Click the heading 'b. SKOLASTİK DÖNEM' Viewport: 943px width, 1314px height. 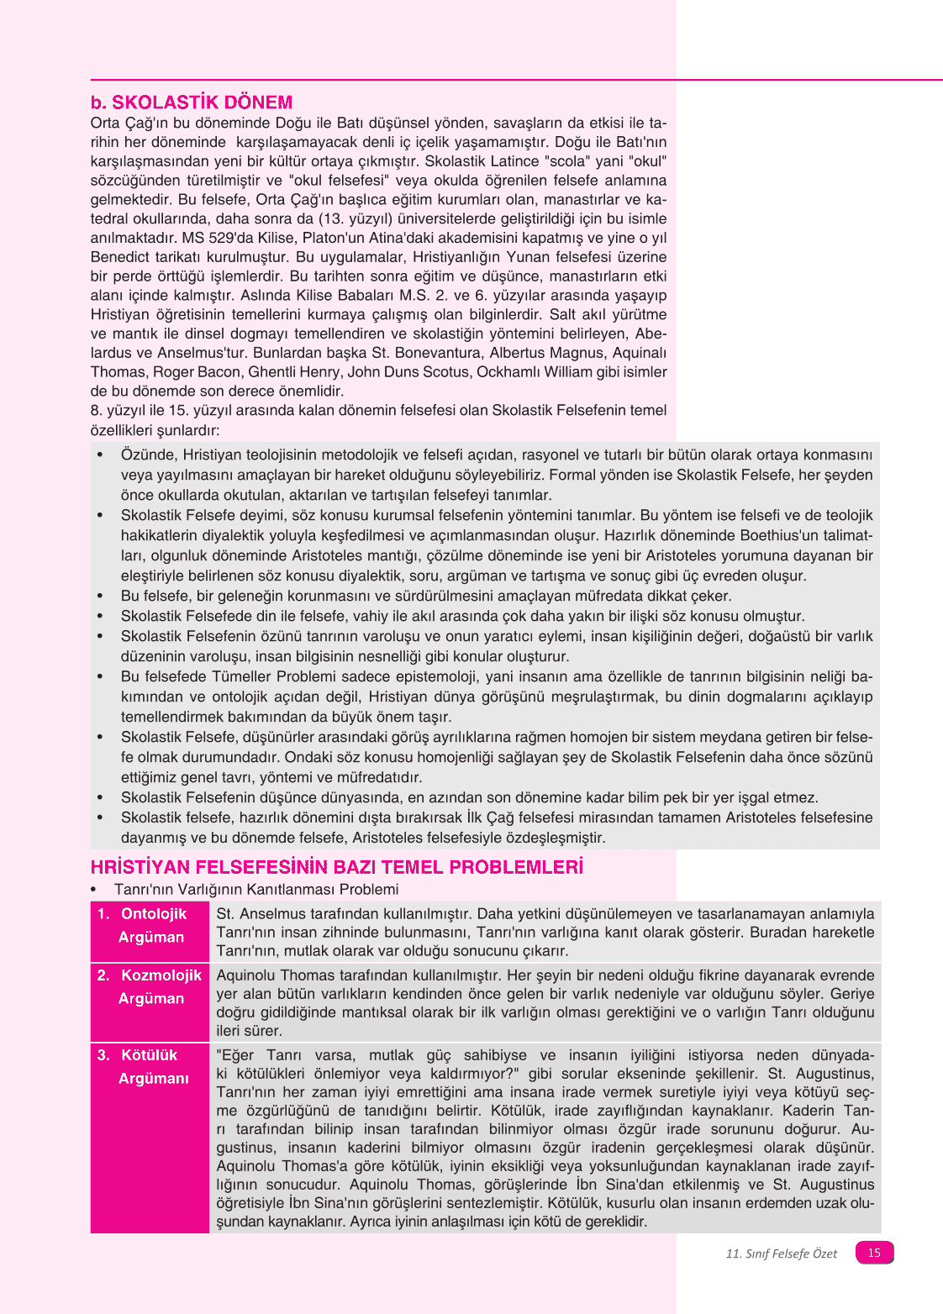point(192,102)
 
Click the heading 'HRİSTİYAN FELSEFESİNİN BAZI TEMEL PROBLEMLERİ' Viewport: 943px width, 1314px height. point(336,867)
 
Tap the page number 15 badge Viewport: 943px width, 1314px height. point(874,1253)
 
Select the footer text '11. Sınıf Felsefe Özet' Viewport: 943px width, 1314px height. point(781,1254)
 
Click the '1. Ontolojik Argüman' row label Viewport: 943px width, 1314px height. point(150,925)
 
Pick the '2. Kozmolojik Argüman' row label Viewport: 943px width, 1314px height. point(150,986)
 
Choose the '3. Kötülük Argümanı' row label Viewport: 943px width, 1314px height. point(150,1066)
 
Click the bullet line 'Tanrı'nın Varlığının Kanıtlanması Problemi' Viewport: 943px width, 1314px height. point(256,889)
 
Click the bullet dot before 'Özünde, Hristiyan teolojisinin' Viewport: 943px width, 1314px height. point(100,455)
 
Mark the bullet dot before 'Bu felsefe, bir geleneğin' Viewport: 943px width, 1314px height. point(100,596)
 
